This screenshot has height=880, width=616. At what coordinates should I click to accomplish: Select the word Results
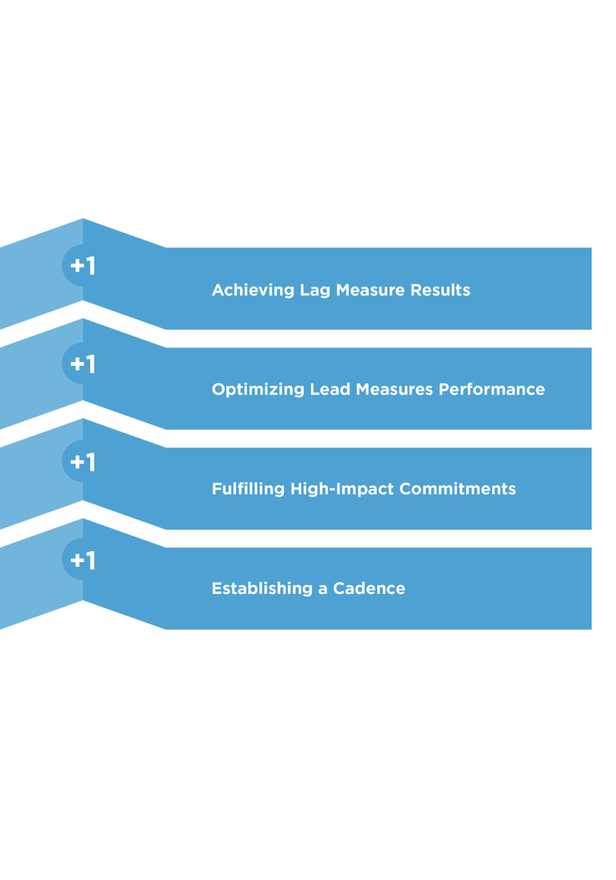[440, 290]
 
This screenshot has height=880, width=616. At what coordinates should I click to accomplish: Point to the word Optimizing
[257, 389]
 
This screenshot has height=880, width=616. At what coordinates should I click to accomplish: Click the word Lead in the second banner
[331, 389]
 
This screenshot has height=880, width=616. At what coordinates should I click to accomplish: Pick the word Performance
[492, 389]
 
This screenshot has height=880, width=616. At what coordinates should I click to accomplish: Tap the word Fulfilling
[248, 489]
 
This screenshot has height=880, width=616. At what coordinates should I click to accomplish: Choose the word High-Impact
[342, 489]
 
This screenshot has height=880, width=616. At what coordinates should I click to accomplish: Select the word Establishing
[262, 588]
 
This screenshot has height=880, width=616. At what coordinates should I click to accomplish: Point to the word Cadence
[369, 588]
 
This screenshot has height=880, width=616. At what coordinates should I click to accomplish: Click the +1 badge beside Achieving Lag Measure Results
[83, 266]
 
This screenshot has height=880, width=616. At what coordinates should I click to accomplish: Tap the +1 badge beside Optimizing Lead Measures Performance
[83, 364]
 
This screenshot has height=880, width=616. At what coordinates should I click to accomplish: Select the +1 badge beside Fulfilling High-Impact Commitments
[83, 462]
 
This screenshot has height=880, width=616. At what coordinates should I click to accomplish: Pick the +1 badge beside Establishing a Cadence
[83, 560]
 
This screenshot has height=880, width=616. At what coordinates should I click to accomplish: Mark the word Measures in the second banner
[395, 389]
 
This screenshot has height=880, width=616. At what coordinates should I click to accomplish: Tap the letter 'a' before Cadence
[323, 589]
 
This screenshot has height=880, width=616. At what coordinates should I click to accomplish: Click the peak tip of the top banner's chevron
[83, 219]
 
